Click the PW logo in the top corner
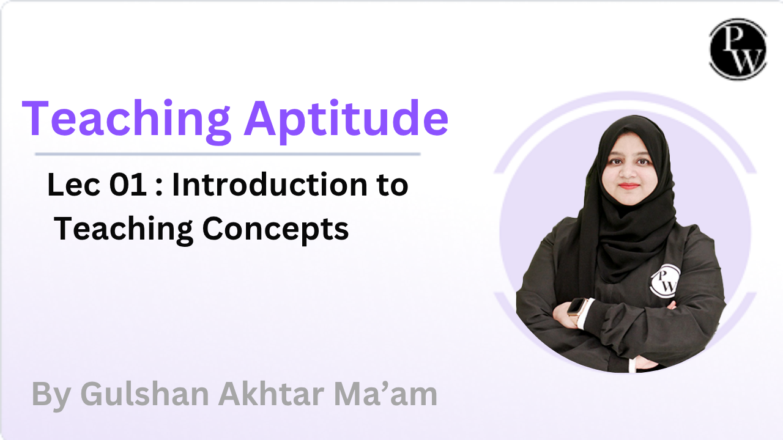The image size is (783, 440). [738, 49]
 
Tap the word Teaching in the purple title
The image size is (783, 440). [127, 121]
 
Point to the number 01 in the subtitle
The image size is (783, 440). [128, 185]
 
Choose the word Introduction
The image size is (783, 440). [270, 185]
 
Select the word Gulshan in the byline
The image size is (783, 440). [144, 394]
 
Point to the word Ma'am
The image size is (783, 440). [385, 394]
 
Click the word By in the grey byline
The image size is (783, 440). [51, 396]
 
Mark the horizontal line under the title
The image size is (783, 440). [228, 154]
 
